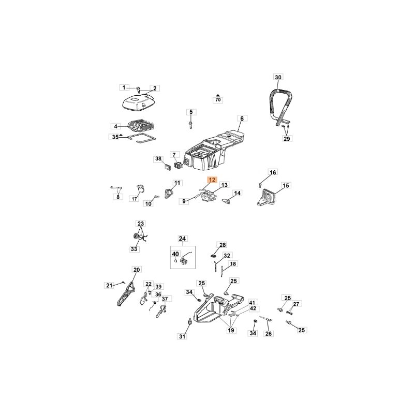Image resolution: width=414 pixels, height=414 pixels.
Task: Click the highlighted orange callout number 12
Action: [x=212, y=180]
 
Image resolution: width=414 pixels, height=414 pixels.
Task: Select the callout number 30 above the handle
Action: [x=278, y=77]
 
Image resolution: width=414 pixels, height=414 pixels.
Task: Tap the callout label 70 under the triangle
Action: [x=218, y=100]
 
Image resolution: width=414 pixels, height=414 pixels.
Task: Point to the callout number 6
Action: [x=242, y=119]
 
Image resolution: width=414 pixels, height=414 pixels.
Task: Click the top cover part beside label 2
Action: [x=139, y=103]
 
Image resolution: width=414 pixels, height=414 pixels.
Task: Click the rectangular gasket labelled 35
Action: [x=142, y=139]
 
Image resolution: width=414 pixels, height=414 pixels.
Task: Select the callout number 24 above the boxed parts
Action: [x=182, y=239]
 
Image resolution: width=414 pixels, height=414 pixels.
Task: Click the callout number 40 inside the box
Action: [x=175, y=254]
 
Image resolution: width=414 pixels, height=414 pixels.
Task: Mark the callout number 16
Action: [x=273, y=172]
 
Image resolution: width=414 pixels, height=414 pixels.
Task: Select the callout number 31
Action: [x=182, y=336]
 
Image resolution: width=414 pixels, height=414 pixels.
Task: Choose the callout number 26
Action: [x=268, y=334]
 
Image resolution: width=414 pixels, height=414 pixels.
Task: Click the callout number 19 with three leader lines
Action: [x=231, y=330]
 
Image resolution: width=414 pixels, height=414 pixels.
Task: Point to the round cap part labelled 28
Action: [x=213, y=256]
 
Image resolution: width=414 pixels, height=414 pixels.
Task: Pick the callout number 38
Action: [x=158, y=159]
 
